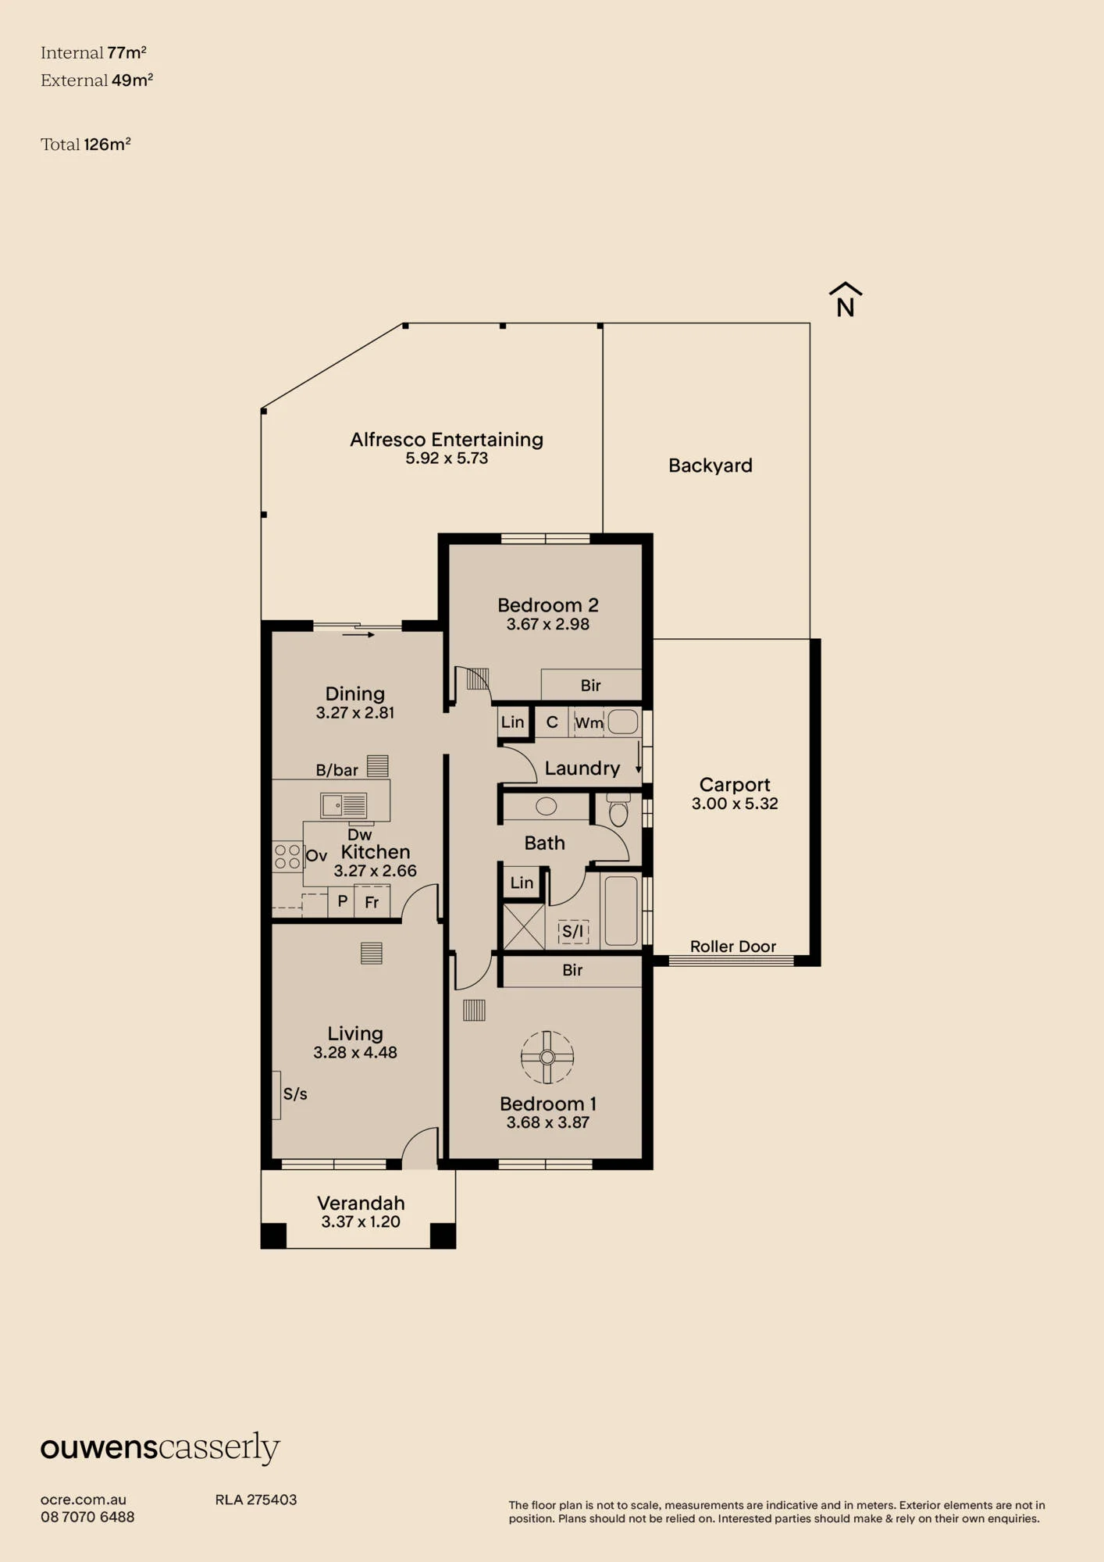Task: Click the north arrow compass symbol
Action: click(846, 299)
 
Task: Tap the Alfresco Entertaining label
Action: click(447, 440)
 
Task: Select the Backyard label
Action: click(710, 465)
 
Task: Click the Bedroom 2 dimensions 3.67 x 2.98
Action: click(547, 624)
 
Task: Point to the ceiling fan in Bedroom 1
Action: click(547, 1057)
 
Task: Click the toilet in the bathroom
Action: click(618, 811)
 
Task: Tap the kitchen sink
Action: click(344, 804)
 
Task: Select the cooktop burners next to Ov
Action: click(287, 857)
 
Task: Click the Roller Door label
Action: click(733, 947)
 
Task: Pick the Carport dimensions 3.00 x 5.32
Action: click(735, 804)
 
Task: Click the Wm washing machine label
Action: click(589, 723)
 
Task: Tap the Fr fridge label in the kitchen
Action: click(372, 903)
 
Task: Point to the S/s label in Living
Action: click(295, 1094)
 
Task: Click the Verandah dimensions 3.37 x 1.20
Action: click(361, 1221)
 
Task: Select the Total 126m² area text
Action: click(86, 144)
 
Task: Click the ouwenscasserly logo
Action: click(160, 1449)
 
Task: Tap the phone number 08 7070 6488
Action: click(87, 1517)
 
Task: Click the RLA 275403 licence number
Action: click(256, 1500)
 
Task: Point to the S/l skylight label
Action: click(573, 931)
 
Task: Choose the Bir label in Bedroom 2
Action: click(591, 686)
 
